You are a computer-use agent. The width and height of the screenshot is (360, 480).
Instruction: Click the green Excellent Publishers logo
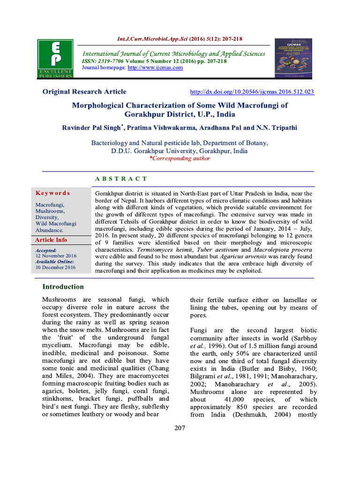point(55,58)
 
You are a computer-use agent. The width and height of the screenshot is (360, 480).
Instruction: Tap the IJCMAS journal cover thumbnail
point(293,59)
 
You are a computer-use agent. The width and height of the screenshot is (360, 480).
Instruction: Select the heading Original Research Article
point(84,92)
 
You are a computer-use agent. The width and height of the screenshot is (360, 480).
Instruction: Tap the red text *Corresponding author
point(180,158)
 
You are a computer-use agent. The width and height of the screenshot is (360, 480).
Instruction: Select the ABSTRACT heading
point(121,179)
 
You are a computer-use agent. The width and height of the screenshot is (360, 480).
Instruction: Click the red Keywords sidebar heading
point(52,193)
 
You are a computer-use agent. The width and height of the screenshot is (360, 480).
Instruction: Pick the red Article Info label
point(51,240)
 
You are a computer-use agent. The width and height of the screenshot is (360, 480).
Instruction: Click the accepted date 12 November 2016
point(55,256)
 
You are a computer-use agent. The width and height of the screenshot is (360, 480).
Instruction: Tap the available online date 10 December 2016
point(55,267)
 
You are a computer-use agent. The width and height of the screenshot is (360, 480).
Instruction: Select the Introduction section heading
point(63,287)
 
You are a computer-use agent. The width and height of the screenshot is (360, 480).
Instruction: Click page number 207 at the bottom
point(180,428)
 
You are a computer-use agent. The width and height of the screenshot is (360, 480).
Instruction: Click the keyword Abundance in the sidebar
point(49,230)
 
